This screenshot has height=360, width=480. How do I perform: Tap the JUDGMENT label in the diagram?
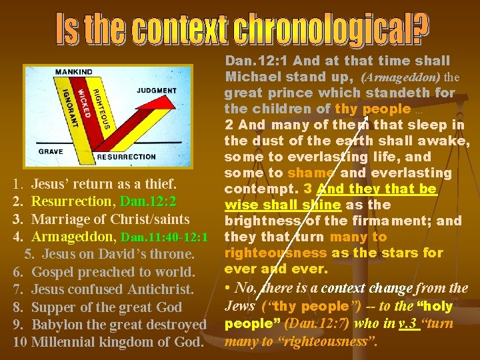(157, 90)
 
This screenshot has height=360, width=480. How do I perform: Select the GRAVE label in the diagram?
(51, 151)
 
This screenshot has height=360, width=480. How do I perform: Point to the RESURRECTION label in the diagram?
(127, 157)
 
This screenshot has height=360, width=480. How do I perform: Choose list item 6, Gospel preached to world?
(105, 272)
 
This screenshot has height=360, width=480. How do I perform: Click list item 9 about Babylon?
(111, 325)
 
